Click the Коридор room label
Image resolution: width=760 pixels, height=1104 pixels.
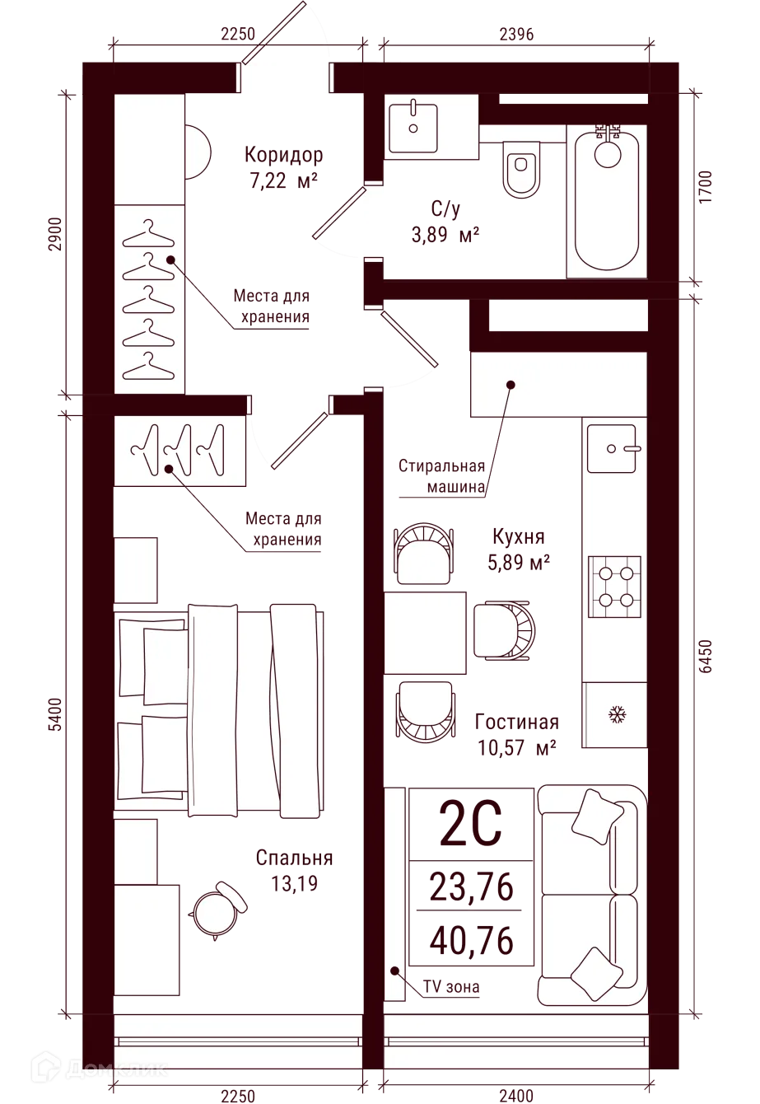click(x=284, y=154)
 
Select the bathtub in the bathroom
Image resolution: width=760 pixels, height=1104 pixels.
click(x=606, y=200)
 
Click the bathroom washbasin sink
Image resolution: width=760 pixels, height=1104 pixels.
click(x=413, y=128)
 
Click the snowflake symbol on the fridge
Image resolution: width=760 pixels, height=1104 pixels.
click(x=616, y=714)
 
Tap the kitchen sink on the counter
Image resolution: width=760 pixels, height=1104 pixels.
click(x=611, y=448)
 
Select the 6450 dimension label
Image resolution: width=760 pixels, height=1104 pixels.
click(x=706, y=656)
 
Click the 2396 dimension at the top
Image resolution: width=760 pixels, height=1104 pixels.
click(x=516, y=34)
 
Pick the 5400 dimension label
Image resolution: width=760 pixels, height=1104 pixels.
click(x=56, y=714)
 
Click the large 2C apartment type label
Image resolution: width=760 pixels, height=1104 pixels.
click(x=470, y=824)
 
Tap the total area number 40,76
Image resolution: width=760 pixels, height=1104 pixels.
click(x=471, y=940)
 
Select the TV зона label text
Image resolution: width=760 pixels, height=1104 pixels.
click(x=450, y=987)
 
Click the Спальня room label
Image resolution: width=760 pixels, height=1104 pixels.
click(x=294, y=858)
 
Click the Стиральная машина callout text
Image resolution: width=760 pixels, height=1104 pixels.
click(x=442, y=476)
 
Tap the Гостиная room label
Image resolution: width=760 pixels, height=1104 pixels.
click(x=516, y=722)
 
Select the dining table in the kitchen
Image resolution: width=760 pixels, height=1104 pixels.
click(x=425, y=633)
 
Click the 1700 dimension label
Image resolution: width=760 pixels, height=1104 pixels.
click(x=706, y=186)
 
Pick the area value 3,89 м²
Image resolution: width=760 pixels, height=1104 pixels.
click(x=445, y=235)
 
